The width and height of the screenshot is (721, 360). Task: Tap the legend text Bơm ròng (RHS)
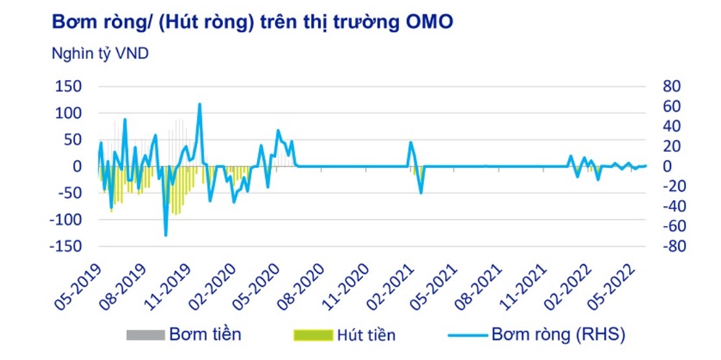(558, 335)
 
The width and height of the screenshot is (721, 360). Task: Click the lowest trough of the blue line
(166, 235)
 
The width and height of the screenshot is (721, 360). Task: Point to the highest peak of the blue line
(200, 104)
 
